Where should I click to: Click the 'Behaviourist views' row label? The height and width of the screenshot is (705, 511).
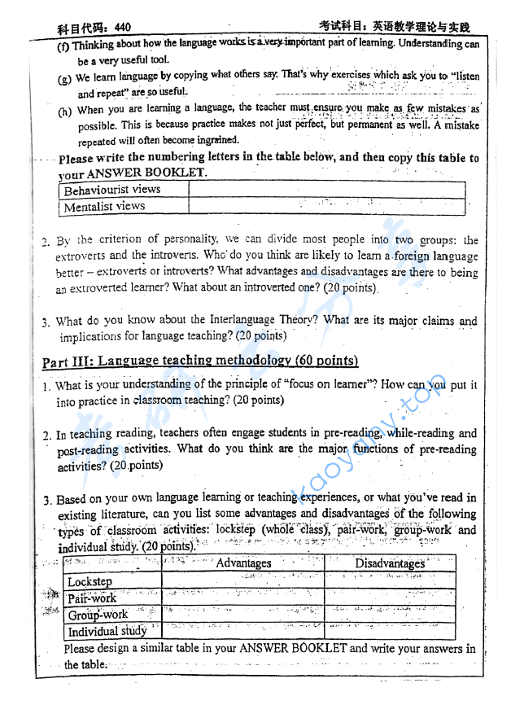coord(112,190)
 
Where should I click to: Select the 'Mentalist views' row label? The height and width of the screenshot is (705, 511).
coord(104,207)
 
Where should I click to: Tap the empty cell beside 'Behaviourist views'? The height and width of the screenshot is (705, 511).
coord(325,190)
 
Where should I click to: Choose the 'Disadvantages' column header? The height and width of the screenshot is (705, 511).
coord(390,563)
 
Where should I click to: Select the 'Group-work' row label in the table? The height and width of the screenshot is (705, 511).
coord(98,615)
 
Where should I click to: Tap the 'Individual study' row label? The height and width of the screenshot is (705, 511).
coord(107,631)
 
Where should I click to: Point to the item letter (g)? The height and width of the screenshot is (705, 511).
coord(65,79)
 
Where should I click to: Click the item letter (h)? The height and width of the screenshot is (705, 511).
coord(65,111)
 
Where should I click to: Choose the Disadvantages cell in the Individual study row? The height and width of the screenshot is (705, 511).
coord(390,631)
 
